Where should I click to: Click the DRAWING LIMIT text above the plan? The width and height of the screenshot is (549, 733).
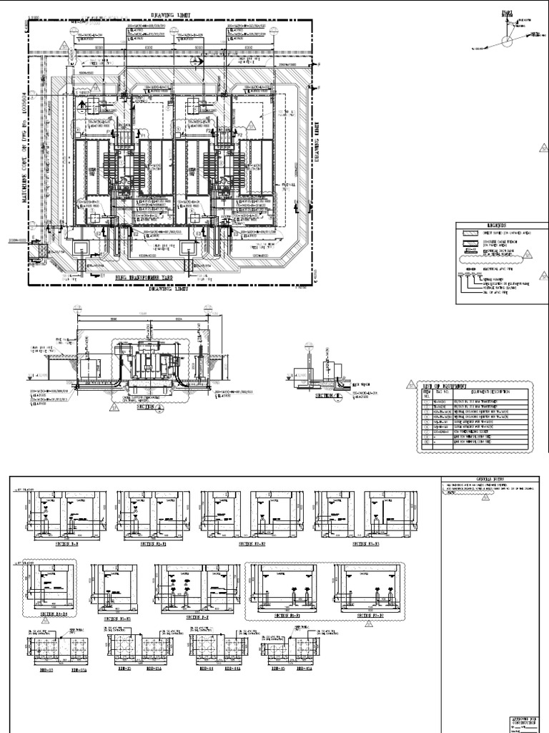tap(171, 14)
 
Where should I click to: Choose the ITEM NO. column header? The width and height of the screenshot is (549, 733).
tap(428, 393)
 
